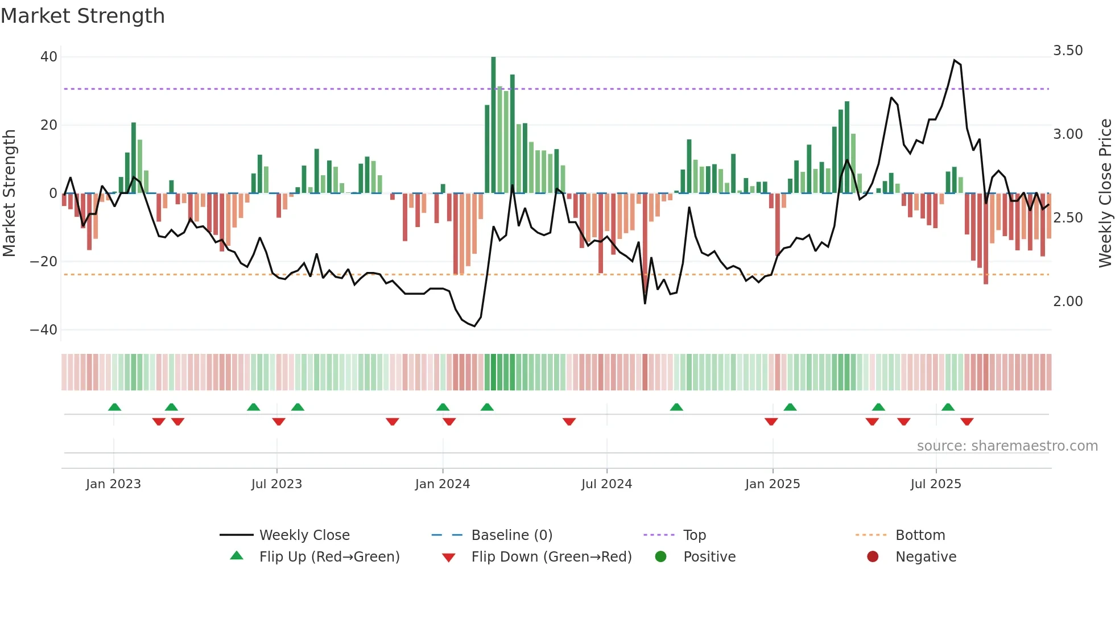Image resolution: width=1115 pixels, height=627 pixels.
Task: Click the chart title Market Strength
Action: point(82,16)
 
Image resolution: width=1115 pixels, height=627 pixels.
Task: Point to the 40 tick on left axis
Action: point(49,57)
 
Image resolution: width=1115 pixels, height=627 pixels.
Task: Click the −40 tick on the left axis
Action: point(44,330)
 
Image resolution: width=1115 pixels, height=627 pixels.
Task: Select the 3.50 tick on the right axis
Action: point(1068,51)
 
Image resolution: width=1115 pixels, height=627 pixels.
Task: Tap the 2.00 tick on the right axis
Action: point(1068,302)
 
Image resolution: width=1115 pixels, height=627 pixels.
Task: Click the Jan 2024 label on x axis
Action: point(442,484)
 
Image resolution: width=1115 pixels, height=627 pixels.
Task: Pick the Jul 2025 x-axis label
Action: point(935,484)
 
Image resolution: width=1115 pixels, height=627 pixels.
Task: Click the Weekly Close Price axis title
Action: point(1105,193)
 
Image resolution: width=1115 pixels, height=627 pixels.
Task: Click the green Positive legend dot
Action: point(660,557)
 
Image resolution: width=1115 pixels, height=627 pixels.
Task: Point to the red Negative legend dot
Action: point(873,557)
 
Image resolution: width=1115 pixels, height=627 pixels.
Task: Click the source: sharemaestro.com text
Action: point(1007,446)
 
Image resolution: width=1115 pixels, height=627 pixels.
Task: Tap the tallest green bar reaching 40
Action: point(493,125)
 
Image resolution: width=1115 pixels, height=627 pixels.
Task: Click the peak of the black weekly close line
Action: point(955,60)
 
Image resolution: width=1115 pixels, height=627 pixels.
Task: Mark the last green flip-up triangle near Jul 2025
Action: point(948,407)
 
